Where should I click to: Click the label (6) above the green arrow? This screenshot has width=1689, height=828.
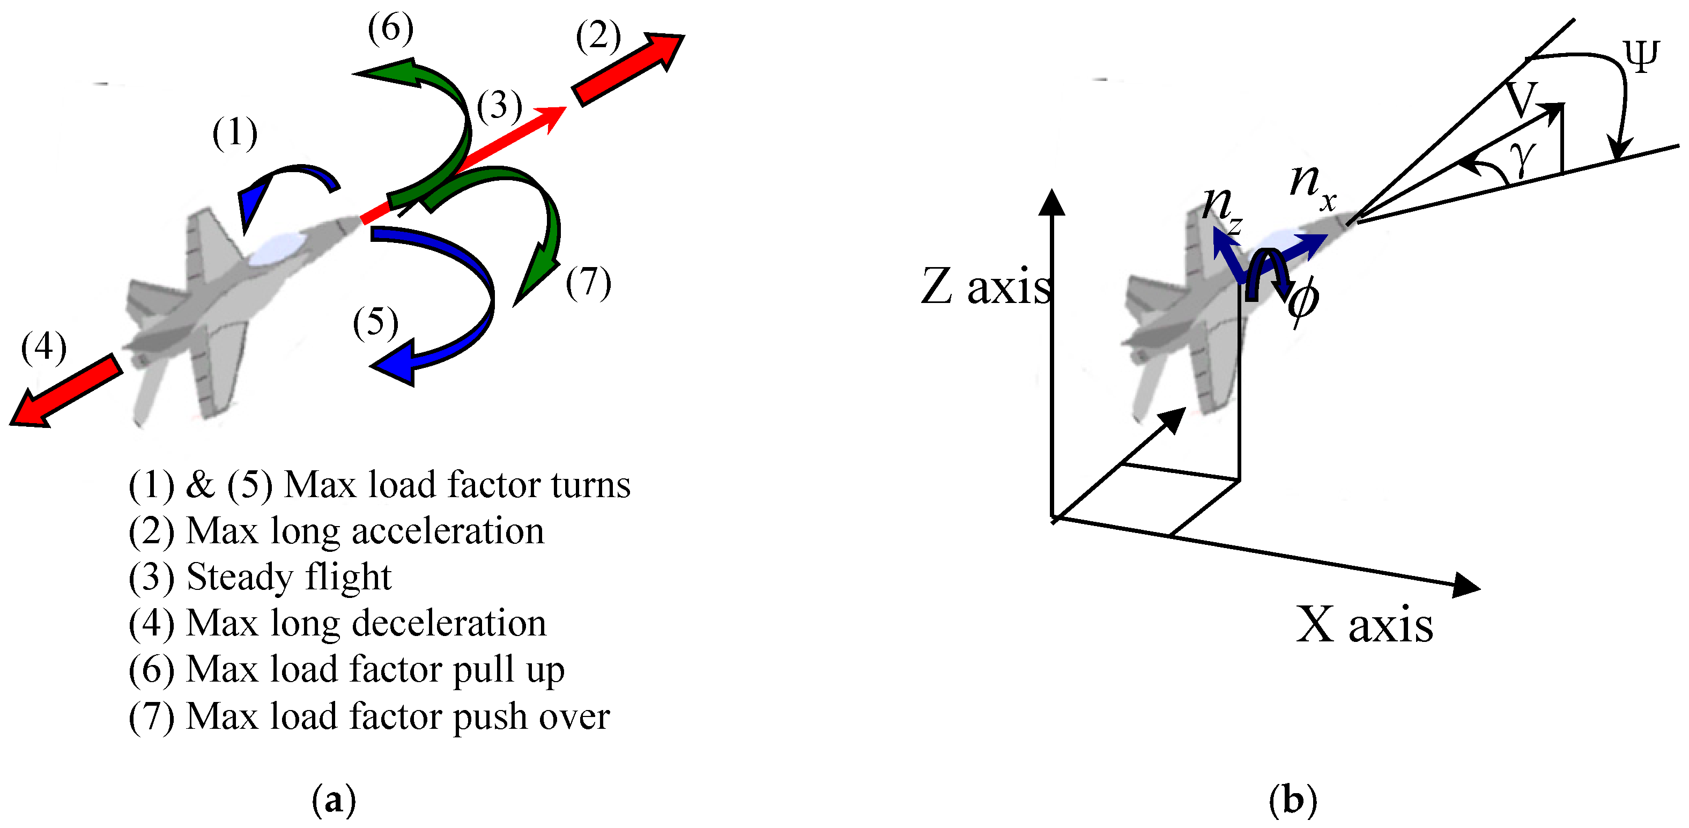391,29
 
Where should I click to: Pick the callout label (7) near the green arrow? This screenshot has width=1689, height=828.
589,283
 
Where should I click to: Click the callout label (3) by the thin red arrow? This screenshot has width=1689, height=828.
500,106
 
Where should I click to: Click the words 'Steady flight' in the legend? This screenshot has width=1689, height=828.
288,578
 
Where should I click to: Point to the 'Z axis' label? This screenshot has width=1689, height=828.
986,286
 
